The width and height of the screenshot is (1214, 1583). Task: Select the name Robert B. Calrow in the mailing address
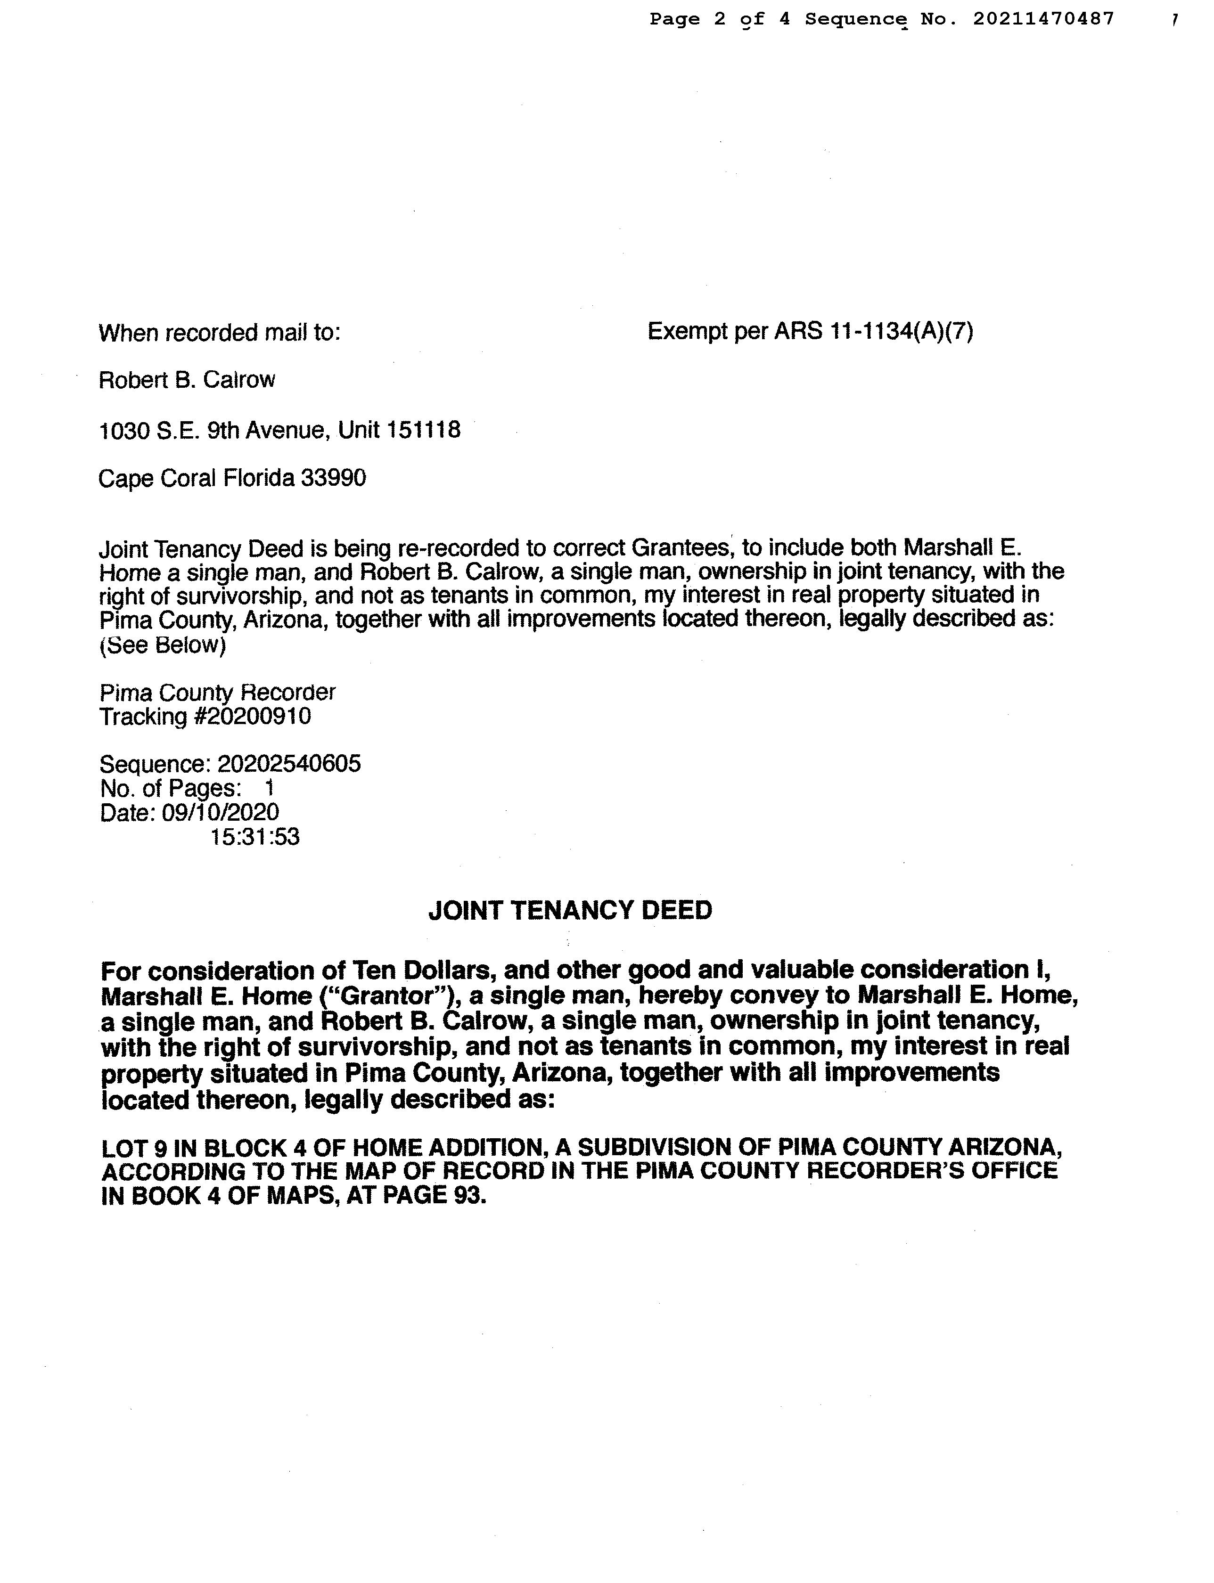click(x=187, y=380)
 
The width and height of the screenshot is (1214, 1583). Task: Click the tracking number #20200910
click(x=253, y=717)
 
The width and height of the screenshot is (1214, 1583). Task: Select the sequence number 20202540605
click(x=289, y=764)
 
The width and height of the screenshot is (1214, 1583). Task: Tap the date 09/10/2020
click(x=221, y=812)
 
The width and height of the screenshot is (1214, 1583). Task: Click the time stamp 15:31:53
click(x=254, y=837)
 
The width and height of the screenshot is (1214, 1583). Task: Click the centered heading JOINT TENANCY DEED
click(x=570, y=910)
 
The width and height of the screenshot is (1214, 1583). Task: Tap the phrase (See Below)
click(x=163, y=645)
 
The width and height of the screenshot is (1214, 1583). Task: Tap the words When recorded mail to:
click(x=219, y=333)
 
